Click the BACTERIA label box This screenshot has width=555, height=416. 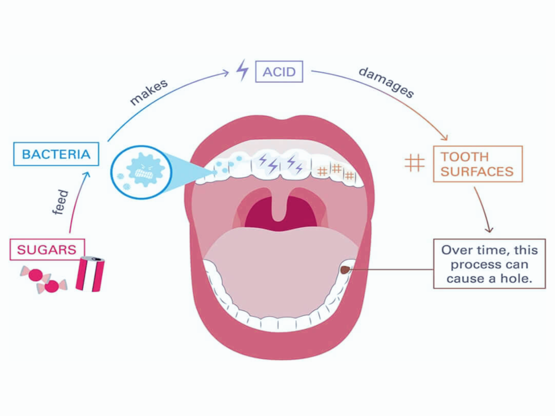click(56, 154)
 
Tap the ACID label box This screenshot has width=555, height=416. click(279, 72)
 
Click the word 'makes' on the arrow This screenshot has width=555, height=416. click(149, 92)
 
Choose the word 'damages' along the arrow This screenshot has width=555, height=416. click(386, 82)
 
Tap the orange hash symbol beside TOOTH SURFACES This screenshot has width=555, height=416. click(414, 162)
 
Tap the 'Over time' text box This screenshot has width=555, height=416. click(488, 265)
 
